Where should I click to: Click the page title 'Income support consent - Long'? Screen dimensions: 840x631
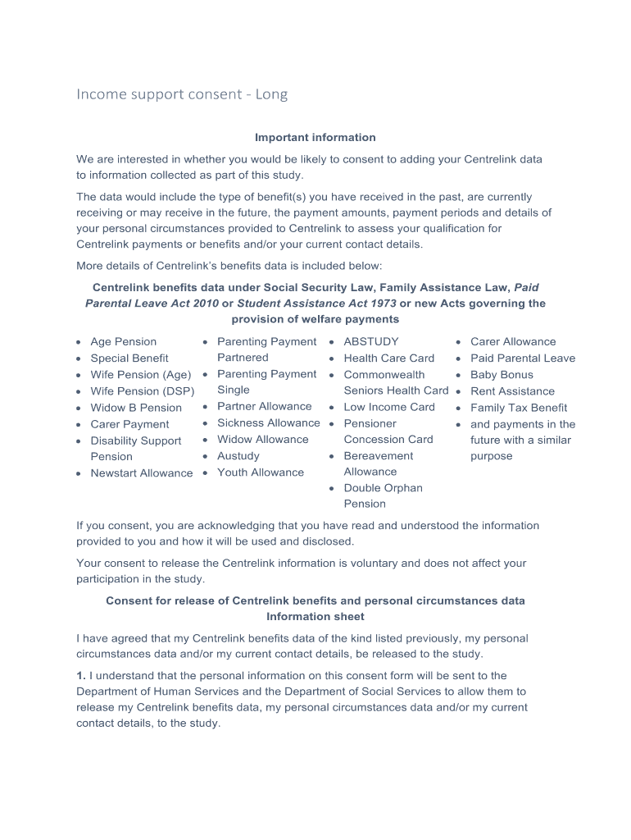[x=182, y=94]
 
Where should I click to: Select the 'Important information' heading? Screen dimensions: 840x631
[x=315, y=137]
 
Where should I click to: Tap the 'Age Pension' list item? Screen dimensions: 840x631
[x=123, y=341]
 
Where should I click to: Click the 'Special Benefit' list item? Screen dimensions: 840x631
[x=129, y=358]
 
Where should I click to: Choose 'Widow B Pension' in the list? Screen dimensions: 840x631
[x=136, y=407]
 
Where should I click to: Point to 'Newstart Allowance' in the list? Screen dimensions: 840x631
[x=142, y=472]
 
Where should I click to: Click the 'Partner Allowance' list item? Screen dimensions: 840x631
[x=264, y=406]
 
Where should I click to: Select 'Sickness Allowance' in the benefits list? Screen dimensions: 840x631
[x=268, y=422]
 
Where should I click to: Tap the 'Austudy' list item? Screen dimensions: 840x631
[x=238, y=455]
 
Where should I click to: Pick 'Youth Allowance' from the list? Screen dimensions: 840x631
[x=260, y=472]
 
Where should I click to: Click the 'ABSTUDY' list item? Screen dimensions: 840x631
[x=371, y=341]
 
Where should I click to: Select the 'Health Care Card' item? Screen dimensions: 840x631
[x=388, y=358]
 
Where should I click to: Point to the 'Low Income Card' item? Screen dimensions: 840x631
[x=389, y=407]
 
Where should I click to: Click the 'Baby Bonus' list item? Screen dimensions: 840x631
[x=502, y=374]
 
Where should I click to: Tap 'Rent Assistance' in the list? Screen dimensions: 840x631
[x=512, y=391]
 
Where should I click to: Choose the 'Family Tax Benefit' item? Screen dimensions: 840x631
[x=519, y=408]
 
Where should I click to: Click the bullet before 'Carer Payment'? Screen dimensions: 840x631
[x=79, y=425]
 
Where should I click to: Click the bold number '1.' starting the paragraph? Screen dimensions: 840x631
[x=81, y=676]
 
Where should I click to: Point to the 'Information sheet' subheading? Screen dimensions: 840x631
[x=315, y=616]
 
